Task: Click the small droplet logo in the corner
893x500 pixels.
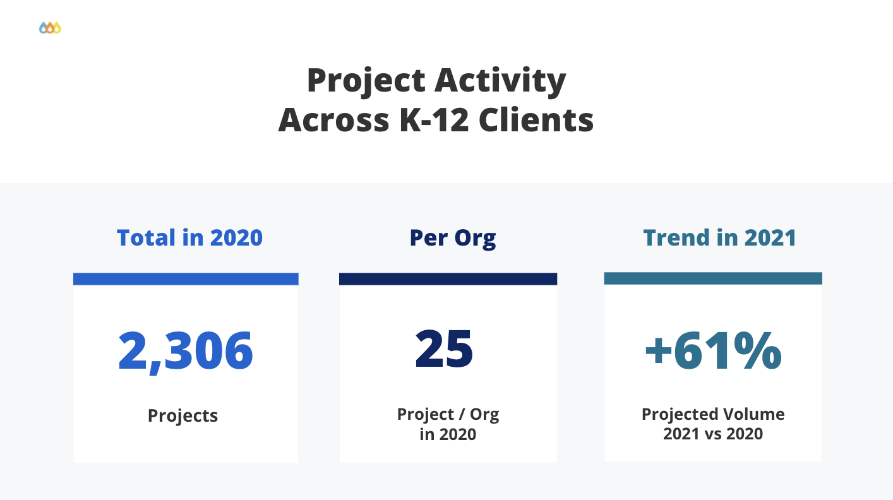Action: (50, 28)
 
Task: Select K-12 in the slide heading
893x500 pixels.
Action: (435, 119)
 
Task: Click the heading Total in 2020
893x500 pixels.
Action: (189, 237)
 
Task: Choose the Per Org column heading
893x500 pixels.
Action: (452, 237)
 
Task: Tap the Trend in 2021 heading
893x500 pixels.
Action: (719, 237)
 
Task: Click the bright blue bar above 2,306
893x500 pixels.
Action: (186, 278)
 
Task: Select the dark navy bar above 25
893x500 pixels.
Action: (448, 278)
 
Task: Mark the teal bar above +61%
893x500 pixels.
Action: (713, 278)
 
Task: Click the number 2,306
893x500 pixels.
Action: (186, 351)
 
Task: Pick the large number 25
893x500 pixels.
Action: (444, 350)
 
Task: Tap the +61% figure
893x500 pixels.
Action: (713, 351)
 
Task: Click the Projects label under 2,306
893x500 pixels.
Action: (183, 416)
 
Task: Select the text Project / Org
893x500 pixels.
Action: (448, 415)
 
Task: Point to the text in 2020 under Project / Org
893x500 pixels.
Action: (448, 434)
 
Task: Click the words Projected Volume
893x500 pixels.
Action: (713, 414)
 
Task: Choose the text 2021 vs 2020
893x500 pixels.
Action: (713, 434)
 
